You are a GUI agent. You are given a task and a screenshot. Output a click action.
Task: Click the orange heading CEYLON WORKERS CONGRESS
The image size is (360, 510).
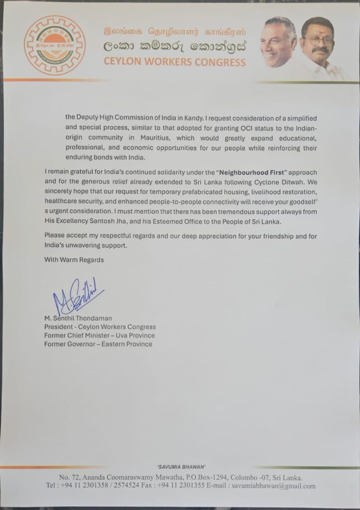point(174,62)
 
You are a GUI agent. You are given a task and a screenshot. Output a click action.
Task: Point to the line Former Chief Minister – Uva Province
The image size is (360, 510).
point(99,335)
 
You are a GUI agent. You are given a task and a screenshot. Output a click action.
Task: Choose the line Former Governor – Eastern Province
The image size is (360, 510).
point(98,344)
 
